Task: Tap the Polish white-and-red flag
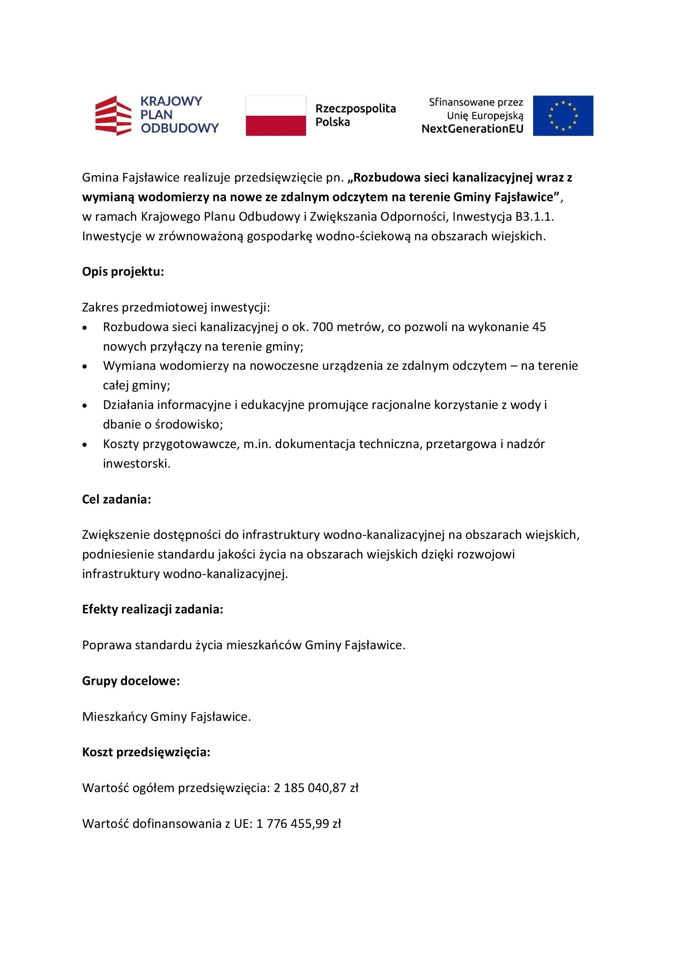276,115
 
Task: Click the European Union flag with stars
563,115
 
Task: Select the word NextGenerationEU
472,129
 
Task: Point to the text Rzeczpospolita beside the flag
355,109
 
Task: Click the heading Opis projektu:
123,272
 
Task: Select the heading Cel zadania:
117,499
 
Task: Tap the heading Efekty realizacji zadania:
153,609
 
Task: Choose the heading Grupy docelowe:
131,681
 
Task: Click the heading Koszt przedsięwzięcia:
146,752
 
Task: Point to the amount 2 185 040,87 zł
316,788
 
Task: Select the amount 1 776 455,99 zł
299,824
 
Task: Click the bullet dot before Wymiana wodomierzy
85,366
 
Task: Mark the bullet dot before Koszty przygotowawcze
85,445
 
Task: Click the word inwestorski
137,463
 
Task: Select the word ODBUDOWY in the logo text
180,128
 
